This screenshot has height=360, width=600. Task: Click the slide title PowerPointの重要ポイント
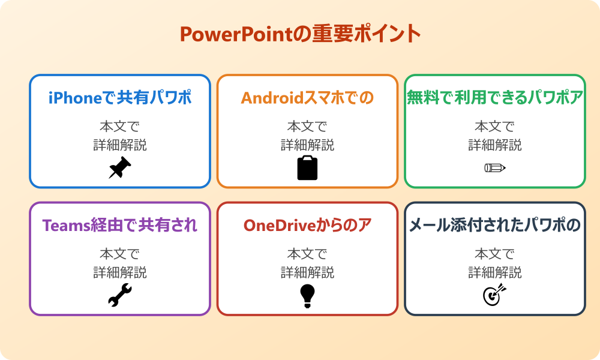click(300, 34)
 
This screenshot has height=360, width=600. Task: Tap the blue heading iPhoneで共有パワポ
click(120, 97)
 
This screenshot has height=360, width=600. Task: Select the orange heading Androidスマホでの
click(307, 97)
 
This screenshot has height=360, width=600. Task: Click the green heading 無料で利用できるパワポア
click(495, 97)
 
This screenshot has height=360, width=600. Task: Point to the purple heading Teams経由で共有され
click(120, 225)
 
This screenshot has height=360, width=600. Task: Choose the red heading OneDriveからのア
click(307, 225)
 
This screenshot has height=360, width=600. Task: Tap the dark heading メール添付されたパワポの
click(495, 225)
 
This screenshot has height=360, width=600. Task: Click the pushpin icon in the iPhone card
click(120, 167)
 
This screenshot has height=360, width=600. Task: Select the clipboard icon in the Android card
click(307, 167)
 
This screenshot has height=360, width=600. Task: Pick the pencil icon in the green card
click(495, 167)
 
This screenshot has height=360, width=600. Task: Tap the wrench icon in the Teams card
click(120, 295)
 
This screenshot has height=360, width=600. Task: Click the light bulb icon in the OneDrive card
click(307, 295)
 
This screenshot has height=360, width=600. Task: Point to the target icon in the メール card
click(495, 295)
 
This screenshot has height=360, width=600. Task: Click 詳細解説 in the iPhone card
click(120, 145)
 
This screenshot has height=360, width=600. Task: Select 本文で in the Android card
click(307, 127)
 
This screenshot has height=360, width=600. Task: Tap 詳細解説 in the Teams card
click(120, 273)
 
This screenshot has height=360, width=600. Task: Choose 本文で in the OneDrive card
click(307, 254)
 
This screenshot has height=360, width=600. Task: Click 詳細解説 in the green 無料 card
click(495, 145)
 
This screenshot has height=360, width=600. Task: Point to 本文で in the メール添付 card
click(495, 254)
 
